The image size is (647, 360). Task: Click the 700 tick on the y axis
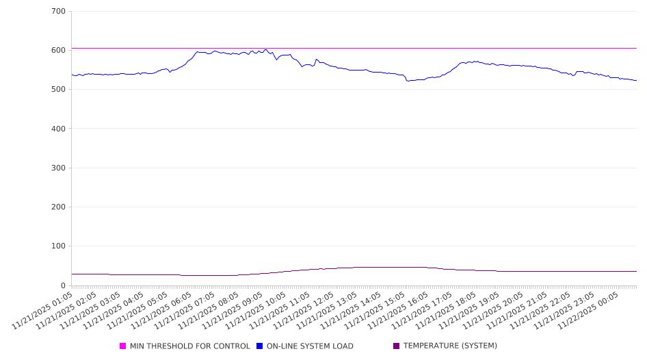coord(58,12)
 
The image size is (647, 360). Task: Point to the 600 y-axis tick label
coord(58,51)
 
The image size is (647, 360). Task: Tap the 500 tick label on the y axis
coord(58,90)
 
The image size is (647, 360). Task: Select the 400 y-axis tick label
coord(58,129)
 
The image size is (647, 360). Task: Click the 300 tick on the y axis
coord(58,168)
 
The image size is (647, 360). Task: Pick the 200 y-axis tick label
coord(58,207)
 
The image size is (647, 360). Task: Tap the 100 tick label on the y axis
coord(58,246)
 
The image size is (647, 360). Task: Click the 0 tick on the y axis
coord(62,285)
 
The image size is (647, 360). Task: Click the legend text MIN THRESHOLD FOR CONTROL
coord(189,346)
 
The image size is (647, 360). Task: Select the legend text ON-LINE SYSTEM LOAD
coord(310,346)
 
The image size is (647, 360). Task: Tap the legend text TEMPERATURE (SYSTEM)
coord(450,346)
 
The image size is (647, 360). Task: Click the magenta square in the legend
coord(123,346)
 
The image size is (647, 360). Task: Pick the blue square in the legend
coord(260,346)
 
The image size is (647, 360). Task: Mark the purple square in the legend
coord(397,346)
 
